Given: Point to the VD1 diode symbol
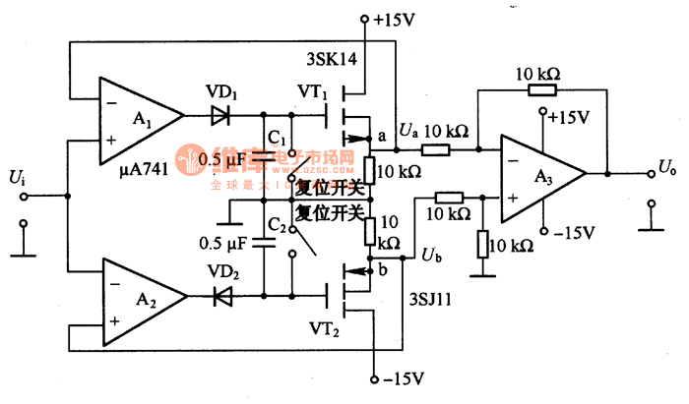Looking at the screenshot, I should [219, 116].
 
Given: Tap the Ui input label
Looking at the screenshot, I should [16, 177].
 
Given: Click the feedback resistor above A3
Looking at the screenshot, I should [540, 90].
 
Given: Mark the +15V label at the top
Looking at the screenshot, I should [392, 18].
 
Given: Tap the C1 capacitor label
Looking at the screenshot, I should [277, 136].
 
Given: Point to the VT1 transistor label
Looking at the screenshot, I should [311, 90].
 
